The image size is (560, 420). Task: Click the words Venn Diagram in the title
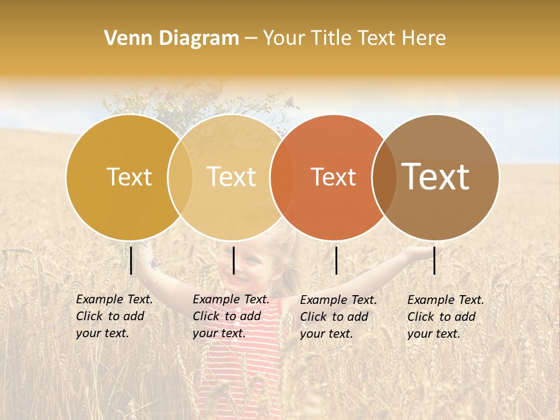171,38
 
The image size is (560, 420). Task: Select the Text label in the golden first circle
129,177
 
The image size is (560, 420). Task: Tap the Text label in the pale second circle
232,177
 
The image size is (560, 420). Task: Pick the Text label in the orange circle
333,177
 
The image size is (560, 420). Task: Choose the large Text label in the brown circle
436,176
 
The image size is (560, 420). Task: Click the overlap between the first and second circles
180,177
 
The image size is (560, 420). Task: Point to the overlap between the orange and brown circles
384,177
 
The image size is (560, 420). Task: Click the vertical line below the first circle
131,260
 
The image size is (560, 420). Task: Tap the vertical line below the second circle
233,260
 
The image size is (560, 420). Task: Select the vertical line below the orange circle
337,260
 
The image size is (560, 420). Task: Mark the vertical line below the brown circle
435,260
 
